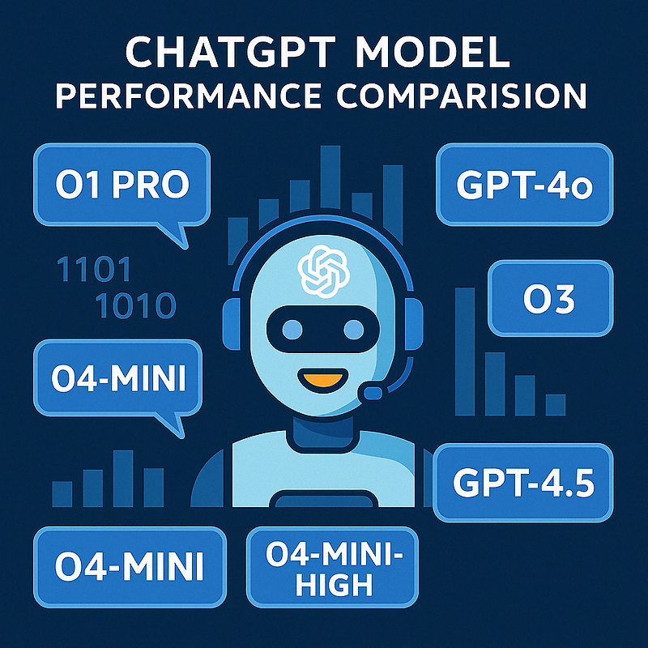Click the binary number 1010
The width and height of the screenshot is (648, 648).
point(135,306)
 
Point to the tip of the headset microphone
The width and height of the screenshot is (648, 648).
point(373,393)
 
